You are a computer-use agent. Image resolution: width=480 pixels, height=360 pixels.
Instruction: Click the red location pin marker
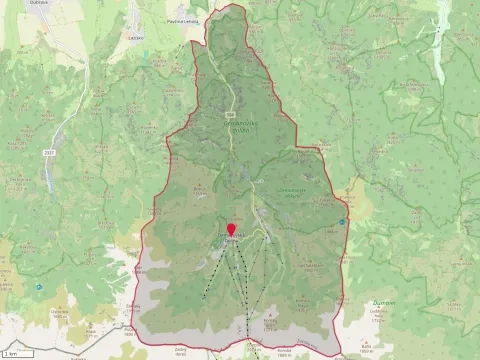click(231, 231)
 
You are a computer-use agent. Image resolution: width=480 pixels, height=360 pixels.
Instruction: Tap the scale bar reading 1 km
click(12, 354)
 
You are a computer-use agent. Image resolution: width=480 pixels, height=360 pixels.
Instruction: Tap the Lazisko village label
click(137, 38)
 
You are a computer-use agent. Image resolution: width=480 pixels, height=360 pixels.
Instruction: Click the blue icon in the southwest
click(38, 287)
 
